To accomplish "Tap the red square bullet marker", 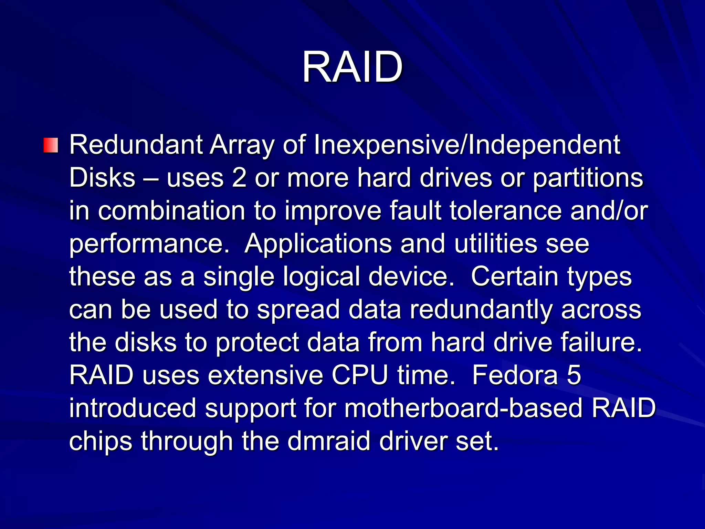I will (51, 145).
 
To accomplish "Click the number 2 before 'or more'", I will (239, 178).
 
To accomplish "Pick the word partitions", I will (588, 179).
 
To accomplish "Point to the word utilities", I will (496, 243).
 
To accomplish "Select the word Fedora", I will (515, 375).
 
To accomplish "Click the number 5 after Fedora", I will (574, 375).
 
